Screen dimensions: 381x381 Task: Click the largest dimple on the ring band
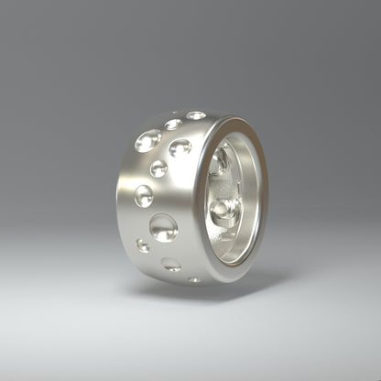[163, 227]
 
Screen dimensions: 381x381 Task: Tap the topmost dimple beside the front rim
[196, 115]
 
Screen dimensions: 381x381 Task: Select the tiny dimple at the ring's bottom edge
[194, 279]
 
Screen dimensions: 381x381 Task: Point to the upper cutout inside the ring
[219, 162]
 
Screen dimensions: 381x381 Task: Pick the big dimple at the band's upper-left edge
[147, 140]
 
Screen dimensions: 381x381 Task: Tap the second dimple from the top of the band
[172, 124]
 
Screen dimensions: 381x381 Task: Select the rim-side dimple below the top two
[180, 147]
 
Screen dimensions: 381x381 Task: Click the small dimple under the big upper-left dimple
[158, 169]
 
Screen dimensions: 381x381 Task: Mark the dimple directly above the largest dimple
[144, 195]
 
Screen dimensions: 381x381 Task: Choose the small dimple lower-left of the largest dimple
[143, 245]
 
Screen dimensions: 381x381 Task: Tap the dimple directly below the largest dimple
[171, 265]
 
